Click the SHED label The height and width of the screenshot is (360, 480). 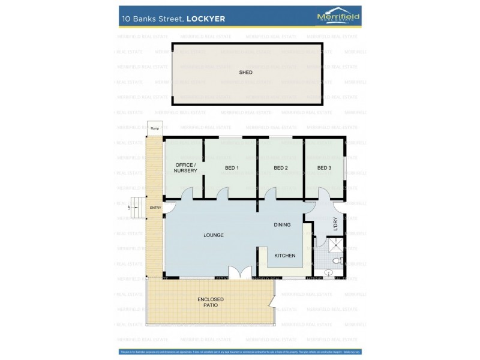pos(245,72)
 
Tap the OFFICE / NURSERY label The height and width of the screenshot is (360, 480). pos(185,167)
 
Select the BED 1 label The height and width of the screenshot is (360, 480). pos(232,168)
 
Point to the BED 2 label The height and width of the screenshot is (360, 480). pos(281,168)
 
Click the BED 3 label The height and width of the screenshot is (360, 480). pos(324,168)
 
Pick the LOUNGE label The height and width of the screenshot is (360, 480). pos(214,235)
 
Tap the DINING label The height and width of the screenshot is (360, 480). pos(282,225)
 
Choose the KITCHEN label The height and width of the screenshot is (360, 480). pos(285,256)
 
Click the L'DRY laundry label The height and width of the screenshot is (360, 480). pos(335,224)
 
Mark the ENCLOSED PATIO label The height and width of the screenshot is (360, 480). pos(210,302)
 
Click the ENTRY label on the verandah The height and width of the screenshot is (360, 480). pos(155,208)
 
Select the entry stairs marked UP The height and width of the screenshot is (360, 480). pos(137,207)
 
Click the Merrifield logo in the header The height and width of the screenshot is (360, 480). pos(338,17)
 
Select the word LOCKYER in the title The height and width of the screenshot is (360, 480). pos(206,19)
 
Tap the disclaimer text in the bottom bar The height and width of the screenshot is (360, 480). pos(240,352)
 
